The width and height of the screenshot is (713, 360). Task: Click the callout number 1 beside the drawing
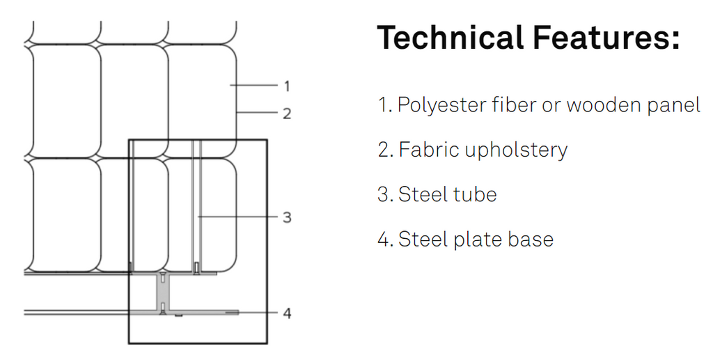[287, 86]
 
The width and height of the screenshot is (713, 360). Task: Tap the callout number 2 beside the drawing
[287, 114]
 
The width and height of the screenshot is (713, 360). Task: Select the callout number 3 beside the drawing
[287, 217]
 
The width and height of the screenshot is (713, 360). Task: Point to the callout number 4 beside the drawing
[287, 313]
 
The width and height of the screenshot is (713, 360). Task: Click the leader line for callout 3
[237, 217]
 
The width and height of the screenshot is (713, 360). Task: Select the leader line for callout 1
[253, 85]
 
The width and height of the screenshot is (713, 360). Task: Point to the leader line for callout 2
[257, 112]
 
